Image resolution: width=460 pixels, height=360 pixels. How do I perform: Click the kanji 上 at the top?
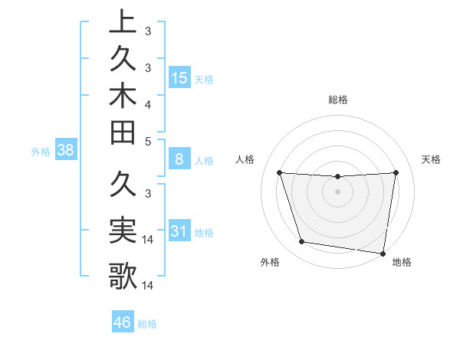coord(123,21)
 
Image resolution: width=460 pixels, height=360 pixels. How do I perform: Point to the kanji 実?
coord(123,229)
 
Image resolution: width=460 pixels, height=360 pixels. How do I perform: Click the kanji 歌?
coord(123,275)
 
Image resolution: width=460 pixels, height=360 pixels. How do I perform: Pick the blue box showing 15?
coord(179,77)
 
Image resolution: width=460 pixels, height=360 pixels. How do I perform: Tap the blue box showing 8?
coord(179,160)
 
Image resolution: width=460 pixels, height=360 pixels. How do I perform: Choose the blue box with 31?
coord(179,232)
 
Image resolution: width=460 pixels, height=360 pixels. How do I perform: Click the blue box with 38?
coord(66,151)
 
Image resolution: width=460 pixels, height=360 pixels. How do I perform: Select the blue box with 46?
coord(123,322)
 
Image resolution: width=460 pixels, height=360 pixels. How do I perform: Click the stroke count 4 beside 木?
coord(147,103)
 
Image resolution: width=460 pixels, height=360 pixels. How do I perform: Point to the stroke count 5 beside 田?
coord(147,141)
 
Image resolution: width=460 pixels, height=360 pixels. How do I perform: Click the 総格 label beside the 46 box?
coord(147,324)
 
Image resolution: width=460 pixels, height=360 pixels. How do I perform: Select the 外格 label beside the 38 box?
coord(41,152)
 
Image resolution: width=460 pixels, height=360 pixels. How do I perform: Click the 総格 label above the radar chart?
coord(338,100)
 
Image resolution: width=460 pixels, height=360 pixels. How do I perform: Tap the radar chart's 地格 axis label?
coord(402,263)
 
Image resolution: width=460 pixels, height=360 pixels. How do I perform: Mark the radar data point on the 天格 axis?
coord(396,172)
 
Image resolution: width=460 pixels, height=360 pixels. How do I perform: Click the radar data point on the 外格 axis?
coord(302,242)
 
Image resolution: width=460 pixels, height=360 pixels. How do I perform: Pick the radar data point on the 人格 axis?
coord(280,172)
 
